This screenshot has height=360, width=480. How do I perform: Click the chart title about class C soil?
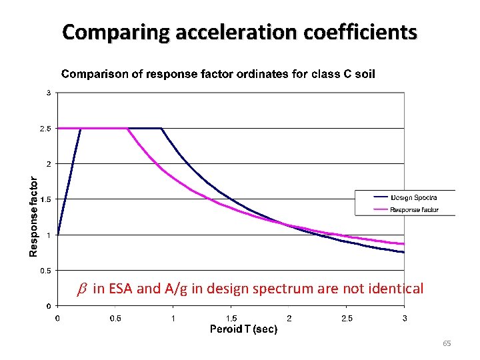pos(218,74)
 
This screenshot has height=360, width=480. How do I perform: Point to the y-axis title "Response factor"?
pos(33,215)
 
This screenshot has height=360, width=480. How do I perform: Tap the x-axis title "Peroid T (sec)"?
pos(243,329)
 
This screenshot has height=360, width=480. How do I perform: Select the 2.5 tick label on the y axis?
pos(44,128)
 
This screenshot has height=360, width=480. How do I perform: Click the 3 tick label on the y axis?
pos(48,93)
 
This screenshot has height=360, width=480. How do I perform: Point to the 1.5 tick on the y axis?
pos(44,199)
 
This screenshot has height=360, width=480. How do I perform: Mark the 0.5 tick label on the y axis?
pos(44,271)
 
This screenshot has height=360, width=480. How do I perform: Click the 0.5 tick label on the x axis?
pos(115,318)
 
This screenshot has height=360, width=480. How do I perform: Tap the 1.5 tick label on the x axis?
pos(231,318)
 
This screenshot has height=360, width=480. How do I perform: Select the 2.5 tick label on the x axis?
pos(347,318)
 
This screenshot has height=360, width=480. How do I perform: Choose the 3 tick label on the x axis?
pos(405,318)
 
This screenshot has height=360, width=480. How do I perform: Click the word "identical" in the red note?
pos(398,289)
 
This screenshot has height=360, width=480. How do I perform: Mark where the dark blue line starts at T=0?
pos(58,235)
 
